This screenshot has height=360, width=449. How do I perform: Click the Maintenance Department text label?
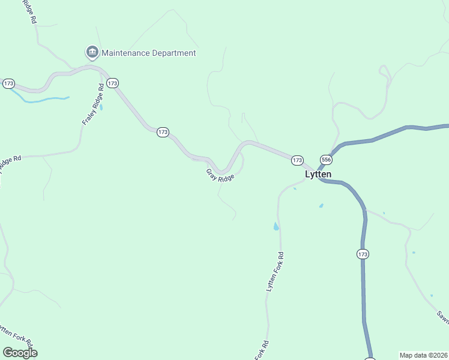pyautogui.click(x=148, y=53)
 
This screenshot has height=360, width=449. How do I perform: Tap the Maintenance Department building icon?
pyautogui.click(x=92, y=53)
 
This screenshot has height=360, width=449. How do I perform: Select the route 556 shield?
pyautogui.click(x=326, y=160)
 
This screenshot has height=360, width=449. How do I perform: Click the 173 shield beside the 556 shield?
pyautogui.click(x=297, y=160)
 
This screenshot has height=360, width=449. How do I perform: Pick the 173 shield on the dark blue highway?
pyautogui.click(x=362, y=254)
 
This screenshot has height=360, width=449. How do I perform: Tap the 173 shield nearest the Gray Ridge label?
pyautogui.click(x=163, y=132)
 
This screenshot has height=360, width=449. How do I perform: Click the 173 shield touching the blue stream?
pyautogui.click(x=8, y=83)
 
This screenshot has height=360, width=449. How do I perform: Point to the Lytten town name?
pyautogui.click(x=318, y=175)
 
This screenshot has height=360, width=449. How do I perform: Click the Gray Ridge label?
pyautogui.click(x=220, y=175)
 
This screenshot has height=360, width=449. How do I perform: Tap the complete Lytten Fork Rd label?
pyautogui.click(x=275, y=272)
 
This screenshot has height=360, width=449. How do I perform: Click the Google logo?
pyautogui.click(x=20, y=353)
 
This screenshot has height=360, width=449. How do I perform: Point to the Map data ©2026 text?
pyautogui.click(x=423, y=355)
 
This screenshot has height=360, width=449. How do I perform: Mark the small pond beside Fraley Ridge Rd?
pyautogui.click(x=101, y=107)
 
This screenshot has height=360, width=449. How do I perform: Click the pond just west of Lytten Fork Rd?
pyautogui.click(x=276, y=226)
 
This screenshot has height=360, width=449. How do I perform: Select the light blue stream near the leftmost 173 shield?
pyautogui.click(x=45, y=99)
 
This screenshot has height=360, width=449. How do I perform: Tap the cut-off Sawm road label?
pyautogui.click(x=442, y=316)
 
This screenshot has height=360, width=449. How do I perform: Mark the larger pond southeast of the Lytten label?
pyautogui.click(x=321, y=206)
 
